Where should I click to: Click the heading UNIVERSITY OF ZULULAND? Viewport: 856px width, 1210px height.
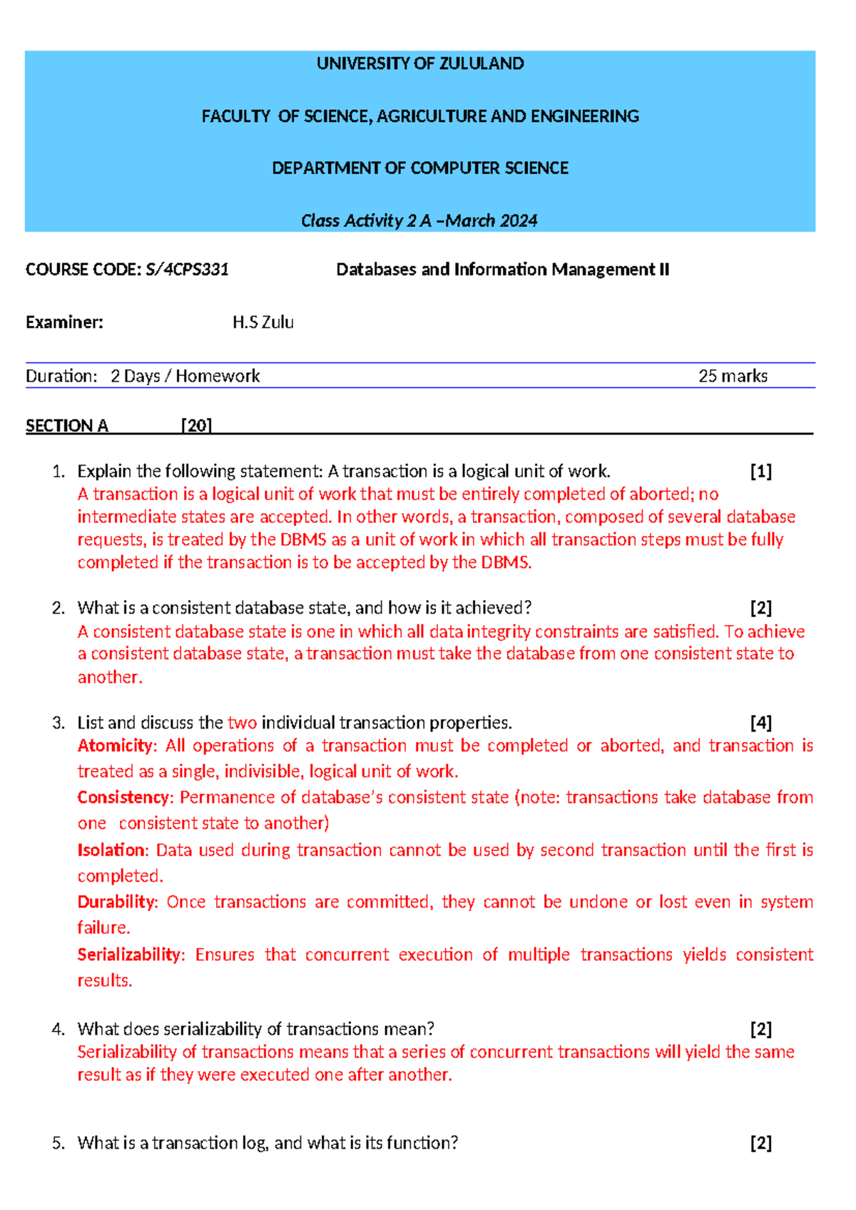(x=420, y=63)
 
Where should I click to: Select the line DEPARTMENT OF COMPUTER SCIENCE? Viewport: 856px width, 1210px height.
(x=420, y=168)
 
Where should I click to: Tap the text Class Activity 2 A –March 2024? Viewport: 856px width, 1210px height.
(x=419, y=221)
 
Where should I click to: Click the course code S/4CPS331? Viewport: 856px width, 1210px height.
(x=187, y=270)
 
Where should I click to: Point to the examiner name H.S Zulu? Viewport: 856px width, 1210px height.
(x=263, y=322)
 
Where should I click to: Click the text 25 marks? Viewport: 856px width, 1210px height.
(x=733, y=376)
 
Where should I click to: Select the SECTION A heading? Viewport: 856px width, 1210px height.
(x=67, y=426)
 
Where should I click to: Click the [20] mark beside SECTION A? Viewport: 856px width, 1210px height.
(x=196, y=426)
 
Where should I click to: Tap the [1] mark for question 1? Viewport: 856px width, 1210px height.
(x=760, y=472)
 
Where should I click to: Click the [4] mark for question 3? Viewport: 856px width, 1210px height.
(x=760, y=723)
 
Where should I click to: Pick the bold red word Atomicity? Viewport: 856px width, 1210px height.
(x=115, y=746)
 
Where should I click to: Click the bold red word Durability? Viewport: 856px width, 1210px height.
(x=116, y=903)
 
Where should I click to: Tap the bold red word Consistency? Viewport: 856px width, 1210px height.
(x=124, y=798)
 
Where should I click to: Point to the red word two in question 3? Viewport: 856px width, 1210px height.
(x=242, y=723)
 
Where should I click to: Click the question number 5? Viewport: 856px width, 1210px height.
(x=58, y=1143)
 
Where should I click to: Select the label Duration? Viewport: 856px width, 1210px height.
(x=61, y=376)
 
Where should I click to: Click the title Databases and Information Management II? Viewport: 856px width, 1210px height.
(x=502, y=270)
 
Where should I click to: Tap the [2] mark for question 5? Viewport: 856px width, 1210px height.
(x=760, y=1143)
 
